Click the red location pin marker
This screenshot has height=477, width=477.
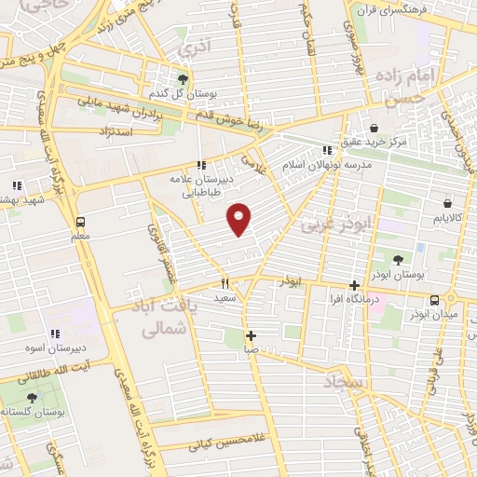tap(240, 218)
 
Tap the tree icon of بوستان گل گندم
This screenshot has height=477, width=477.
tap(184, 79)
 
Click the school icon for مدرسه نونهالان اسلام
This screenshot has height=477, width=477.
tap(326, 149)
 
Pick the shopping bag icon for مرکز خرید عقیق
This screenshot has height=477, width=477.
tap(374, 128)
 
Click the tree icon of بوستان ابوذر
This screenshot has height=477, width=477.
tap(398, 261)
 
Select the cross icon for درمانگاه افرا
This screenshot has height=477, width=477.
tap(354, 286)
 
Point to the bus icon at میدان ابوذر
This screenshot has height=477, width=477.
tap(434, 299)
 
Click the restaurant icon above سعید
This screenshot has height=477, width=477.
tap(225, 283)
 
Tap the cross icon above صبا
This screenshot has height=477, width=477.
tap(250, 334)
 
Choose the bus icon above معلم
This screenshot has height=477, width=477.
tap(80, 222)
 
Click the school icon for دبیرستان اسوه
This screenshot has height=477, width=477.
tap(55, 333)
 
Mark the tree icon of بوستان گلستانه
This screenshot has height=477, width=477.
tap(32, 398)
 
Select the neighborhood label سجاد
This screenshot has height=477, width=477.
tap(347, 383)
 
